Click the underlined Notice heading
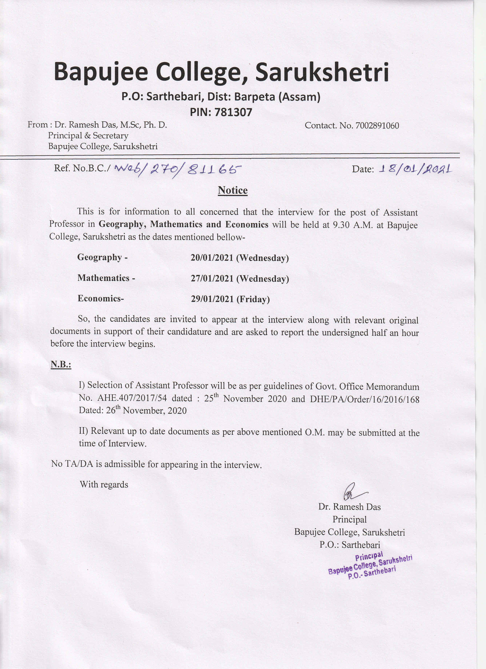point(233,190)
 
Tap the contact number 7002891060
point(377,126)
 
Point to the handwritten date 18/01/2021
point(415,169)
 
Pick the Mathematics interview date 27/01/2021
point(212,278)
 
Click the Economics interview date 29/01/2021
point(212,299)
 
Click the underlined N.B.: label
point(61,365)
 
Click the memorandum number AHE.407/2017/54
point(132,398)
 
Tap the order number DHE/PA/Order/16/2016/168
point(365,399)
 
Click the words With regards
point(104,485)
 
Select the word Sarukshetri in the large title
point(322,72)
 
